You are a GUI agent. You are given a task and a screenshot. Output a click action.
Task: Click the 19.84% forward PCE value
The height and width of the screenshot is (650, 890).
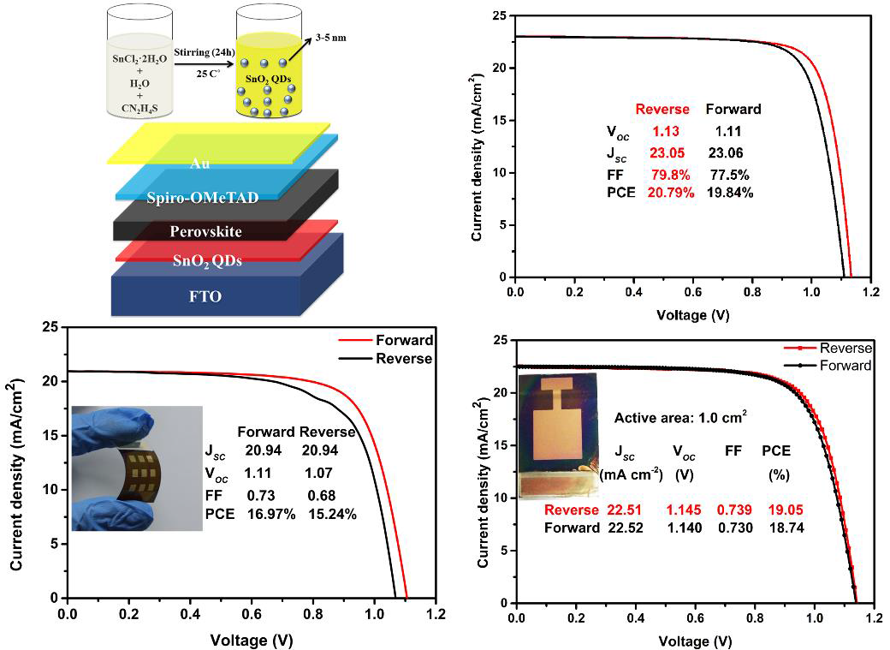[x=729, y=193]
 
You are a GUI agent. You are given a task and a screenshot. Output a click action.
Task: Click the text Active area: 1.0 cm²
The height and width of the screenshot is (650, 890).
[x=679, y=418]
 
